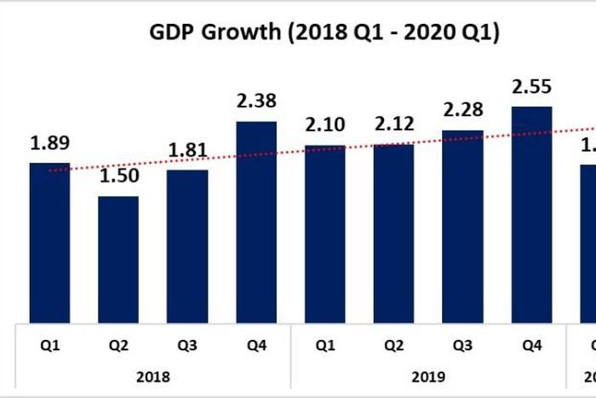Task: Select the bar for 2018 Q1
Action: click(49, 243)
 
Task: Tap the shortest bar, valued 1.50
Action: click(118, 259)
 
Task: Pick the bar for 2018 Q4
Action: click(255, 222)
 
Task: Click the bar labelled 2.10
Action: click(325, 234)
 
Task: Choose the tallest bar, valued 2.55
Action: click(531, 215)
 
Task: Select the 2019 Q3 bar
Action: click(463, 227)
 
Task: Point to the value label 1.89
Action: click(49, 143)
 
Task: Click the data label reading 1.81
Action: click(186, 151)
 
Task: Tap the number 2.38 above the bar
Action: click(255, 102)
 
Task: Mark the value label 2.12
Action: click(393, 125)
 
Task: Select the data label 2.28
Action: click(463, 112)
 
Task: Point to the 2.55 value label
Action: click(531, 87)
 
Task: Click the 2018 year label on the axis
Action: click(153, 375)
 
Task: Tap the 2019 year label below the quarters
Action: click(428, 375)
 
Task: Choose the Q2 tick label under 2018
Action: click(118, 346)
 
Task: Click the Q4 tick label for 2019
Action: click(531, 346)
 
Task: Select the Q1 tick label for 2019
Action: click(325, 346)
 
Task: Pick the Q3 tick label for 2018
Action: click(186, 346)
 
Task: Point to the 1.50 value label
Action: click(118, 177)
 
